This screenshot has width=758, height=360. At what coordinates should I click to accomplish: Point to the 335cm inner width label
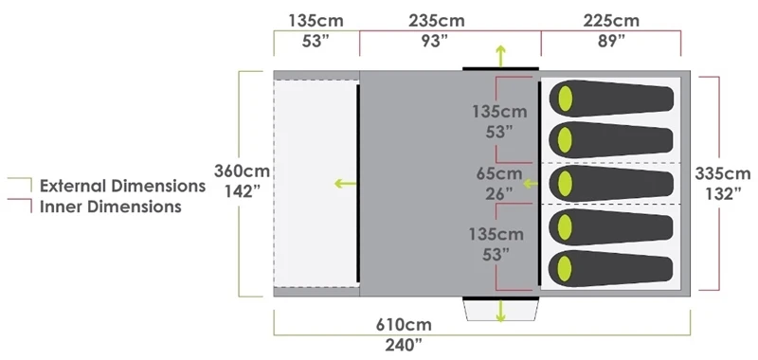(x=725, y=173)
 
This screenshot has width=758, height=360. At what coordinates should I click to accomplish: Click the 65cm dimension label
(x=497, y=173)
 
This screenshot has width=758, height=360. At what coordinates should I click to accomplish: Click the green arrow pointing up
(x=500, y=54)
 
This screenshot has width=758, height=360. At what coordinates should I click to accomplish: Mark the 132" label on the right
(x=725, y=193)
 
